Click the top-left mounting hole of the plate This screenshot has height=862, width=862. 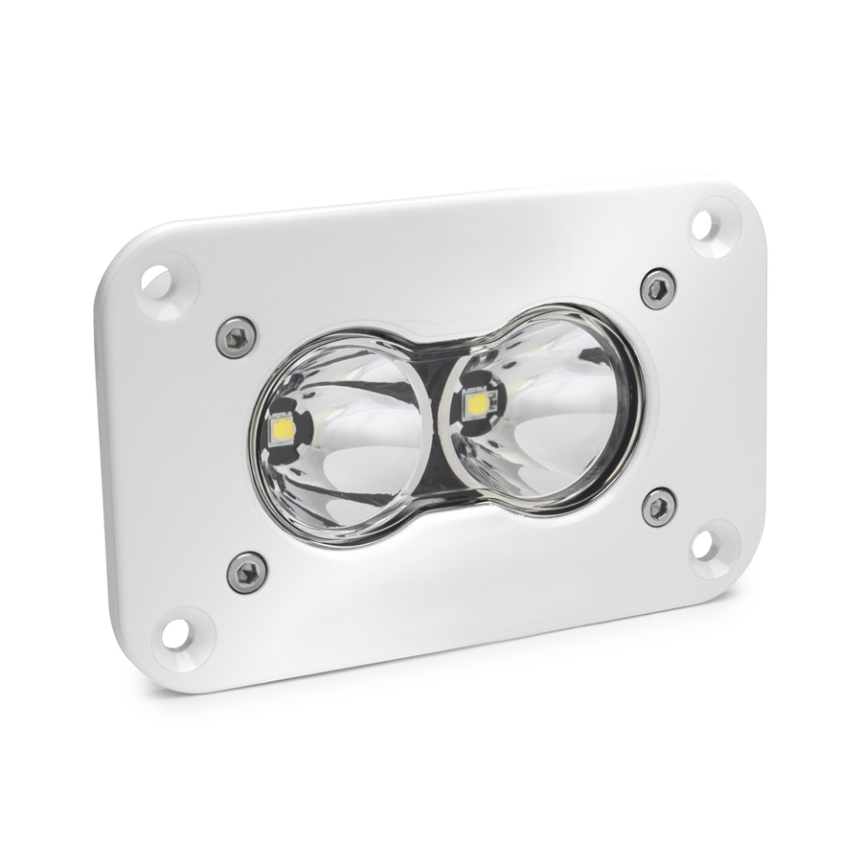pyautogui.click(x=157, y=282)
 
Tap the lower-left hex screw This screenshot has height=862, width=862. pyautogui.click(x=245, y=572)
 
